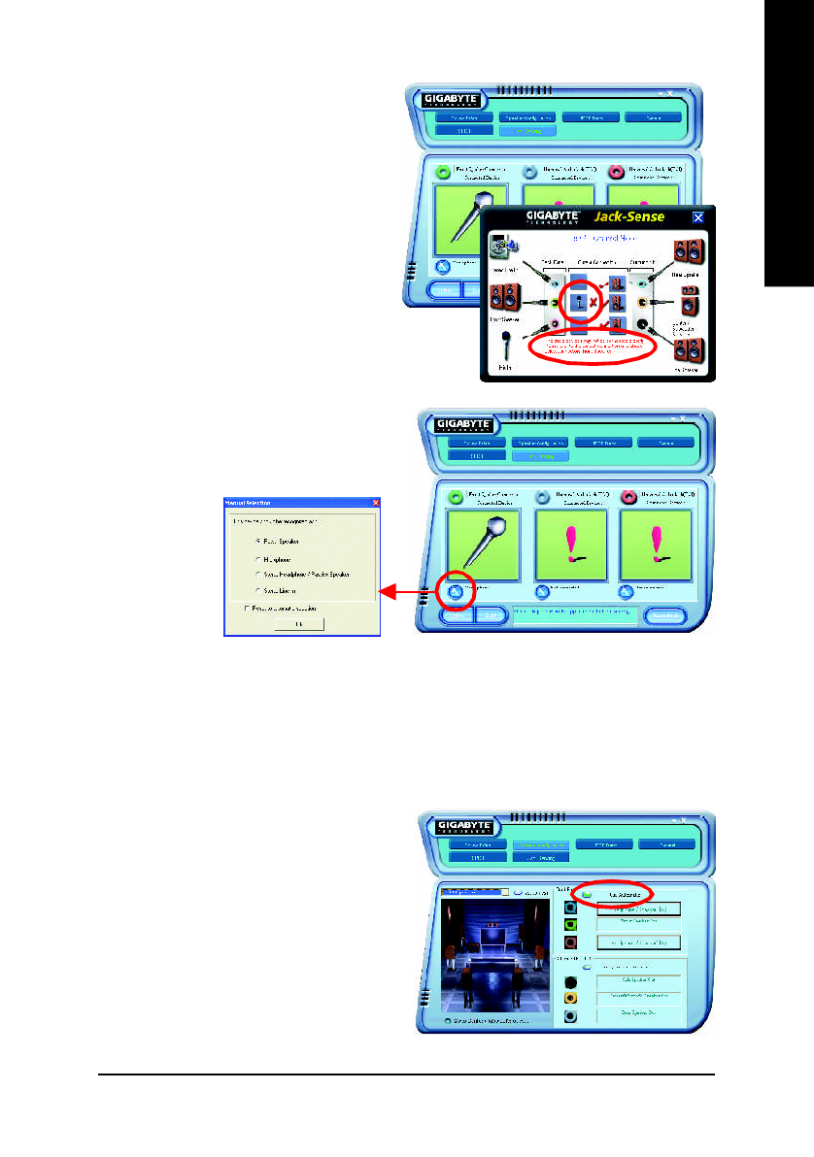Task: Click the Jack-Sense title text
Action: [x=630, y=216]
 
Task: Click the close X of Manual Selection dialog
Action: [x=376, y=502]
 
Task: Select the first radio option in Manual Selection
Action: [x=257, y=539]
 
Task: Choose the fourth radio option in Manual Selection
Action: [x=257, y=589]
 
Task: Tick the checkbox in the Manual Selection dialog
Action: [x=247, y=608]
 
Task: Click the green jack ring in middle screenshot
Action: [x=456, y=495]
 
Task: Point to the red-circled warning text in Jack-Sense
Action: [x=591, y=346]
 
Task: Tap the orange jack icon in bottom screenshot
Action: [x=571, y=998]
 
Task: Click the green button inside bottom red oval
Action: [x=587, y=893]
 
